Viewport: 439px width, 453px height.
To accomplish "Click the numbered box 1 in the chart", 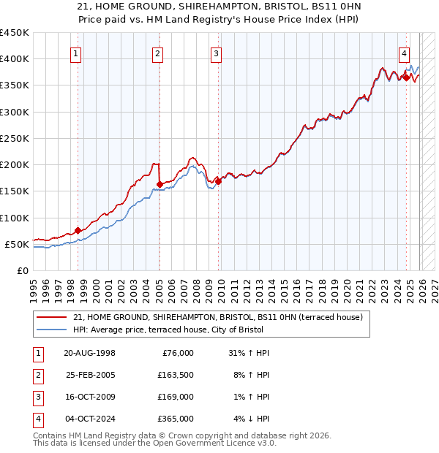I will tap(77, 53).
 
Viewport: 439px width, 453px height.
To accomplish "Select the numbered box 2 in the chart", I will tap(158, 53).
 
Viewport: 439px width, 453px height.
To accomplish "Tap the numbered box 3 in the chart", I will tap(216, 53).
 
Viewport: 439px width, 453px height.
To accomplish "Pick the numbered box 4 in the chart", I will tap(404, 53).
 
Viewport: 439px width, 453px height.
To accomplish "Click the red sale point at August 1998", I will tap(78, 230).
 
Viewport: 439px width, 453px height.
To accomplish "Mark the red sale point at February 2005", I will tap(160, 184).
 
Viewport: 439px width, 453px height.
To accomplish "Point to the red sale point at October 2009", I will tap(218, 181).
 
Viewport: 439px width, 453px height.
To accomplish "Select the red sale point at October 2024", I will tap(406, 77).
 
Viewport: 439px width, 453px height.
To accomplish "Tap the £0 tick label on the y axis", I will tap(23, 270).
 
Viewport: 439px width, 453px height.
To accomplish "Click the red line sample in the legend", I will tap(52, 317).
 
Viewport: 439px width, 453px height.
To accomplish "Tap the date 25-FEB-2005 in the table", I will tap(90, 375).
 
